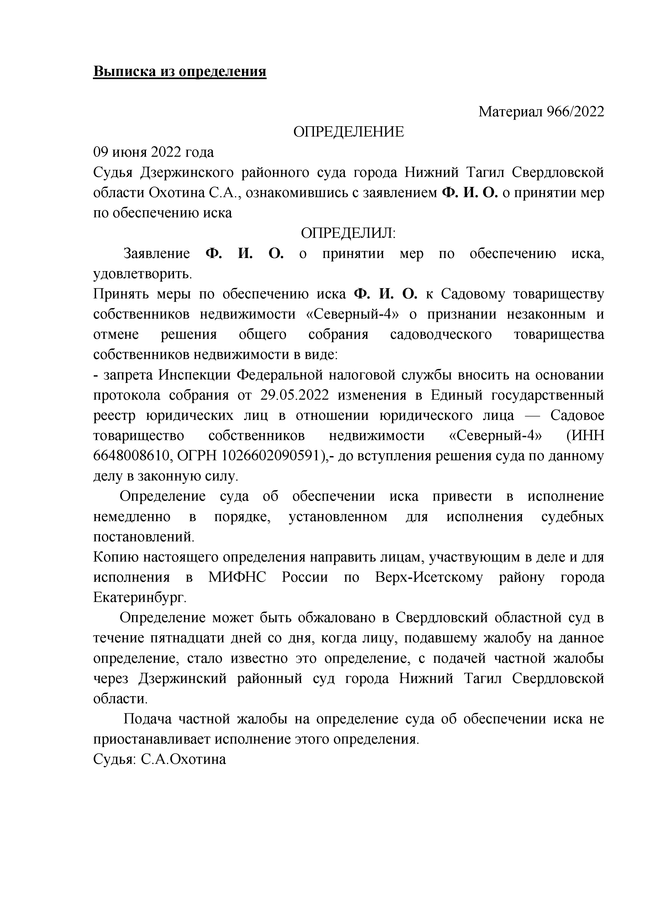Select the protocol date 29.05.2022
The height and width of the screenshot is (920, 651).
point(294,395)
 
